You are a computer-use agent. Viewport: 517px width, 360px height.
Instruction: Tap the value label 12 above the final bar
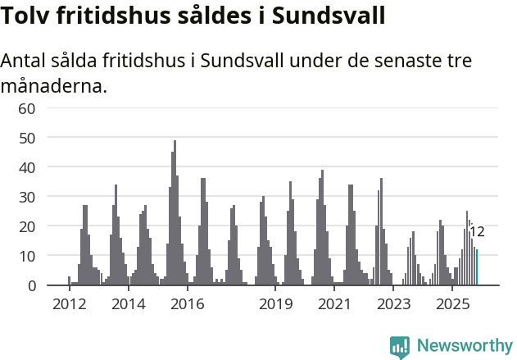pos(477,232)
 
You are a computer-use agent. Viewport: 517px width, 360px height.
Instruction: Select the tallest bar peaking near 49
pos(175,213)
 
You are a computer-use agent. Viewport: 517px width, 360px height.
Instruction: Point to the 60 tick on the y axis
pos(27,108)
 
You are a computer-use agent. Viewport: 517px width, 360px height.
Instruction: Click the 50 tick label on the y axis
pos(27,138)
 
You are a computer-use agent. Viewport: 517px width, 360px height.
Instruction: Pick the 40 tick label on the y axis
pos(27,167)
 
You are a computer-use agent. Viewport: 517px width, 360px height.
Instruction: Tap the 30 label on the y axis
pos(27,197)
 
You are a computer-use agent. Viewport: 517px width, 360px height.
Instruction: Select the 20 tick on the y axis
pos(27,226)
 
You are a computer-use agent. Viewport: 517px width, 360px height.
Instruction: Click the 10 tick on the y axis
pos(27,256)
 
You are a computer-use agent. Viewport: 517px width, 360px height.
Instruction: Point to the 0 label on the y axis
pos(31,285)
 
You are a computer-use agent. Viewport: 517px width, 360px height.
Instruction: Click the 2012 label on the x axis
pos(69,304)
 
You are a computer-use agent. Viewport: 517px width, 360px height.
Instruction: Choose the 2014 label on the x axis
pos(128,304)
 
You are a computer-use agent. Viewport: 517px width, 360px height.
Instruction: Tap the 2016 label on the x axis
pos(187,304)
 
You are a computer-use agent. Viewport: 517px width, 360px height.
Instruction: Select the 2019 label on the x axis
pos(276,304)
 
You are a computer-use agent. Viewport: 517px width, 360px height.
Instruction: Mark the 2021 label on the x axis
pos(334,304)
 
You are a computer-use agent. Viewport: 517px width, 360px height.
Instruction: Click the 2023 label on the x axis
pos(393,304)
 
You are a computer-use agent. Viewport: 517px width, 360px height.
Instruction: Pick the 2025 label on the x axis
pos(452,304)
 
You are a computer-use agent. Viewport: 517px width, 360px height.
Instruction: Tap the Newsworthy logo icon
pos(400,347)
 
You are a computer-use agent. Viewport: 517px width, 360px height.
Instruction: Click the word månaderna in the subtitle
pos(54,85)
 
